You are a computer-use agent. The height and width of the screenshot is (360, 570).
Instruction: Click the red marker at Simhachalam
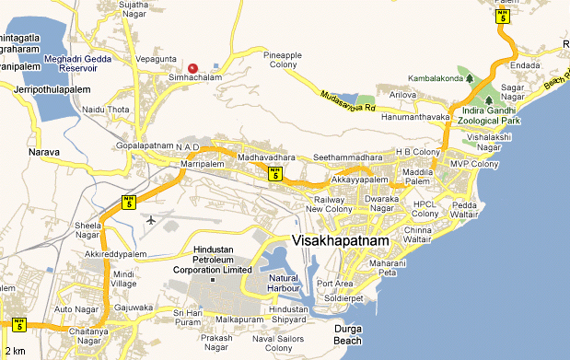tap(192, 67)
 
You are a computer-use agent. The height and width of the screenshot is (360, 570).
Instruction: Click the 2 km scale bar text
tap(14, 352)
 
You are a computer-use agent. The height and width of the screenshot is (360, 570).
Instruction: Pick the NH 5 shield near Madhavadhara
tap(274, 173)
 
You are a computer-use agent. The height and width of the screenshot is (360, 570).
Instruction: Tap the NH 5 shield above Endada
tap(502, 15)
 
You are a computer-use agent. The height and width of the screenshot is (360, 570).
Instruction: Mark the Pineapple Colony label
tap(283, 60)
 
